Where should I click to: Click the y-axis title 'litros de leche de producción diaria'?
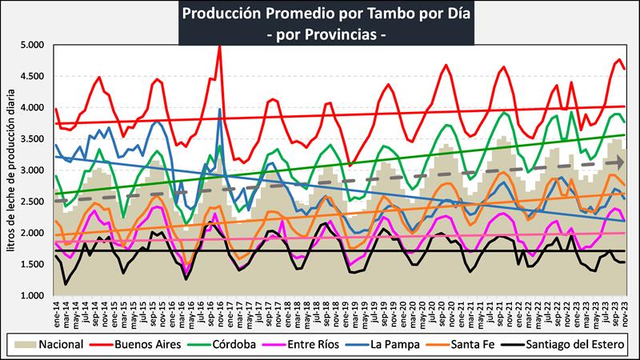pos(10,170)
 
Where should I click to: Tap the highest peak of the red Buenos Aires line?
pos(220,46)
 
